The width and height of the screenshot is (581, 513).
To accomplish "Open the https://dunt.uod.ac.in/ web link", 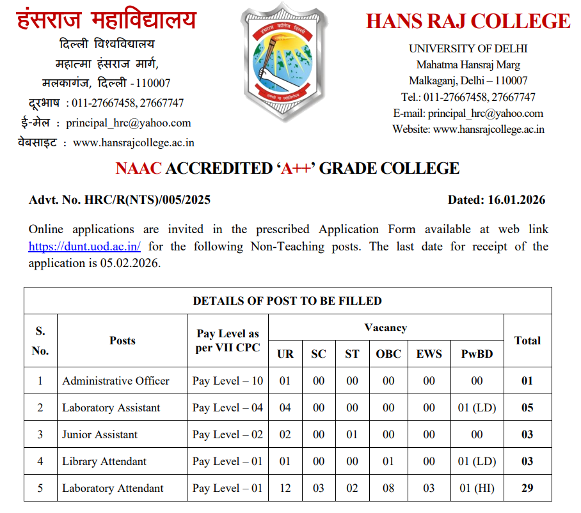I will (x=84, y=246).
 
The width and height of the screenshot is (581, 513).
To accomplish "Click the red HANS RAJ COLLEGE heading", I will (x=468, y=21).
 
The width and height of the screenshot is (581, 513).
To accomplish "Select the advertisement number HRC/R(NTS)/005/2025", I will (x=147, y=200).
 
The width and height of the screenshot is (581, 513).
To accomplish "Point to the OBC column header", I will (x=388, y=353).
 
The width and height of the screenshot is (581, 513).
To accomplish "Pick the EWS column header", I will (x=429, y=353).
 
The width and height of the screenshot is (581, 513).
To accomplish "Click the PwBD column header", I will (x=477, y=353).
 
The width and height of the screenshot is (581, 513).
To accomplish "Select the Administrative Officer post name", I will (x=116, y=381).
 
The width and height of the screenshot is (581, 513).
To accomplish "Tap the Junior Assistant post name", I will (x=100, y=434).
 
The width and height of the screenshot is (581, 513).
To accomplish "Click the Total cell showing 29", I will (x=527, y=488).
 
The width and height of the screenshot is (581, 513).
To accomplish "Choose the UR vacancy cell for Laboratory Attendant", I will (x=285, y=488).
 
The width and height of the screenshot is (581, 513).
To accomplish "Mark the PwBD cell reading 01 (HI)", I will (x=477, y=488).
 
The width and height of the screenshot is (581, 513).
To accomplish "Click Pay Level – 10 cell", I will (x=228, y=381).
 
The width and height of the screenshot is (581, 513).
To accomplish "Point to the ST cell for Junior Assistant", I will (x=352, y=434).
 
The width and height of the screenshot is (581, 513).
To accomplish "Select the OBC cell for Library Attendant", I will (x=388, y=461).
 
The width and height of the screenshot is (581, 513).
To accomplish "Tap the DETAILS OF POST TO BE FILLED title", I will (x=287, y=300).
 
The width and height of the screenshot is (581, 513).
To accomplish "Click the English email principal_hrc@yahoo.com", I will (x=485, y=113).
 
